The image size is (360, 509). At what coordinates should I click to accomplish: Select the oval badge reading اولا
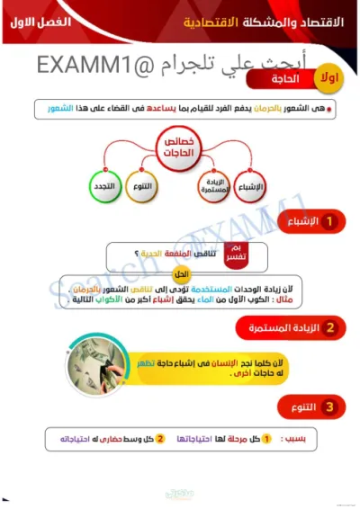[x=329, y=80]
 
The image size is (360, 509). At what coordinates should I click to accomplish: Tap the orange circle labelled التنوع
[x=142, y=187]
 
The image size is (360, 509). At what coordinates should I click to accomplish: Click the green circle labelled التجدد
[x=103, y=187]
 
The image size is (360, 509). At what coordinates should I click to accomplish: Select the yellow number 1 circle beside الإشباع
[x=329, y=221]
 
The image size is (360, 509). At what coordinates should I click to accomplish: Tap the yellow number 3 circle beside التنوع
[x=329, y=407]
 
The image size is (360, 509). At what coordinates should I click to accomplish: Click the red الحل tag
[x=180, y=274]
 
